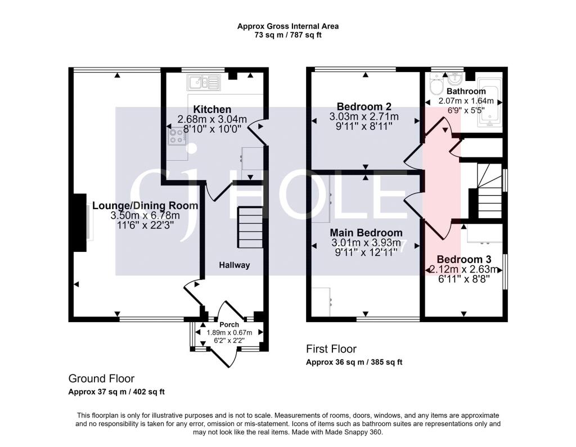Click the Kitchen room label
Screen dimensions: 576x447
tap(212, 110)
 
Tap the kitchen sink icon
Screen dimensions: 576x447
tap(203, 82)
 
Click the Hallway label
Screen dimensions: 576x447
tap(235, 265)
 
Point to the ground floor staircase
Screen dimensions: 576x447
tap(250, 227)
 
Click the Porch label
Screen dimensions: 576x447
tap(229, 324)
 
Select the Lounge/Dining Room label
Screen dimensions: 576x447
tap(145, 206)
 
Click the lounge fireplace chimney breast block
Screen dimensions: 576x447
tap(79, 223)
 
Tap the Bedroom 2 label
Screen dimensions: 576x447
tap(364, 107)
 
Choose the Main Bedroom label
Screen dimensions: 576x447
tap(366, 233)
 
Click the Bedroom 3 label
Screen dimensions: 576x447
tap(464, 260)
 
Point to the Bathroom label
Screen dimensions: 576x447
tap(466, 91)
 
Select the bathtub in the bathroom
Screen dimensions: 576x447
tap(490, 102)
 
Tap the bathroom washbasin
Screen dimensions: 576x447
tap(454, 79)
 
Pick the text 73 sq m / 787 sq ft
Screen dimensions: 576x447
tap(288, 35)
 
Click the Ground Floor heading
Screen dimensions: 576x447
tap(101, 378)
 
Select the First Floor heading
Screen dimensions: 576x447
tap(331, 349)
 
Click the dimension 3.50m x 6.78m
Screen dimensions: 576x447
tap(145, 215)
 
